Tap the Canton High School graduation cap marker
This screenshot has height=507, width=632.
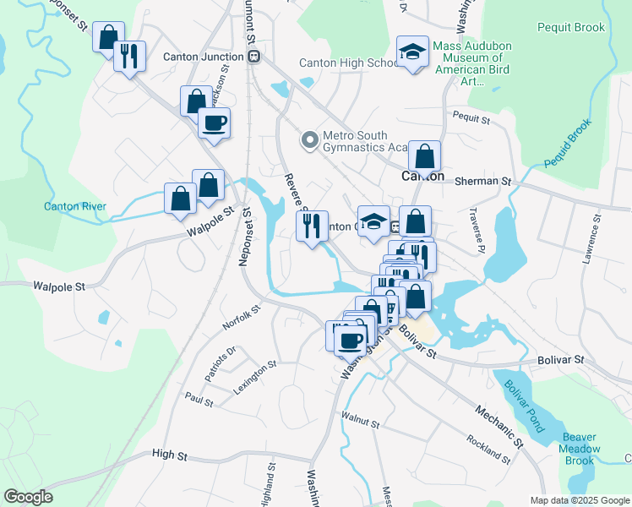pyautogui.click(x=412, y=52)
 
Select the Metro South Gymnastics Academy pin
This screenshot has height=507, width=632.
pyautogui.click(x=310, y=139)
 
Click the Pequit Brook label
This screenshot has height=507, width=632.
pyautogui.click(x=571, y=27)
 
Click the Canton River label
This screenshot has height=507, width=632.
pyautogui.click(x=76, y=206)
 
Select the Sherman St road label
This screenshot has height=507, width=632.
pyautogui.click(x=482, y=181)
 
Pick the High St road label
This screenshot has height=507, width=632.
pyautogui.click(x=169, y=455)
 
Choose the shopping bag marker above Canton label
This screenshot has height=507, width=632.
pyautogui.click(x=424, y=156)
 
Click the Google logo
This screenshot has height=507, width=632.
pyautogui.click(x=28, y=497)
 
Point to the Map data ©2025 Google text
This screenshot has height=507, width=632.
pyautogui.click(x=580, y=499)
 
